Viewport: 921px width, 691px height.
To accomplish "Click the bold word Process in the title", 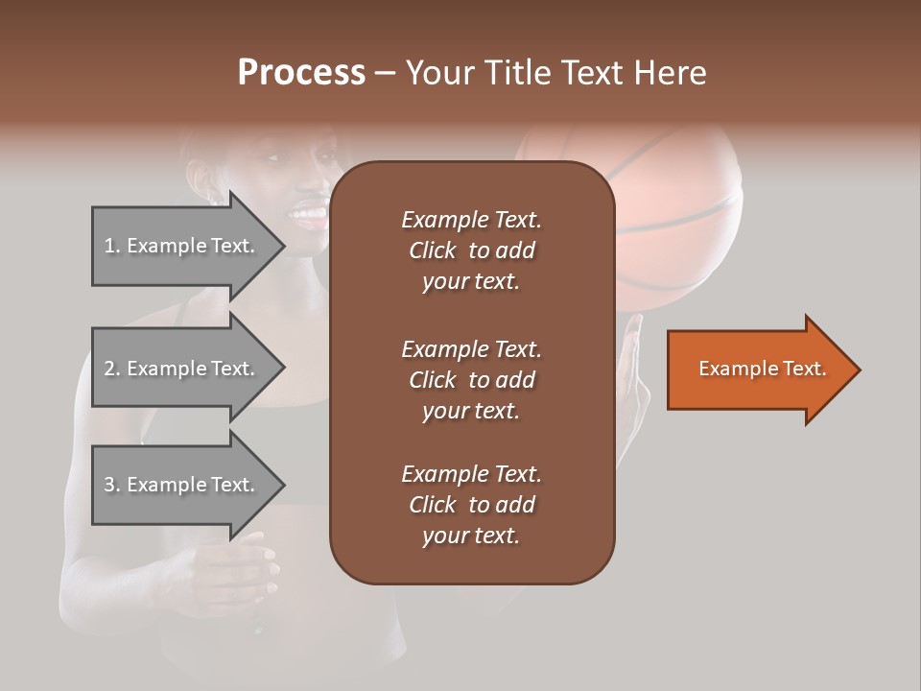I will [301, 73].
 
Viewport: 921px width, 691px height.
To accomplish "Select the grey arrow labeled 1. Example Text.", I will [182, 246].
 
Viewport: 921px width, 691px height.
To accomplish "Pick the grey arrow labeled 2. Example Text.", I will [182, 369].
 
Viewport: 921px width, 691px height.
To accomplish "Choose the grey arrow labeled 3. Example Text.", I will [182, 485].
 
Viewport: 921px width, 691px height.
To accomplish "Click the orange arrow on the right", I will [758, 369].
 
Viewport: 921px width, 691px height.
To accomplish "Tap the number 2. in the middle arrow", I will [112, 369].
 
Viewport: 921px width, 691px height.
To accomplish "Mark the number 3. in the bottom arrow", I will [112, 485].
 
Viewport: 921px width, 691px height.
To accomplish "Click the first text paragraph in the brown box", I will [471, 250].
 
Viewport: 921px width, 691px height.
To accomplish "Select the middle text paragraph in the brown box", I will [471, 380].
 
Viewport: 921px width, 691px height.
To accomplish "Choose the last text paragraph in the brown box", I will [471, 505].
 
